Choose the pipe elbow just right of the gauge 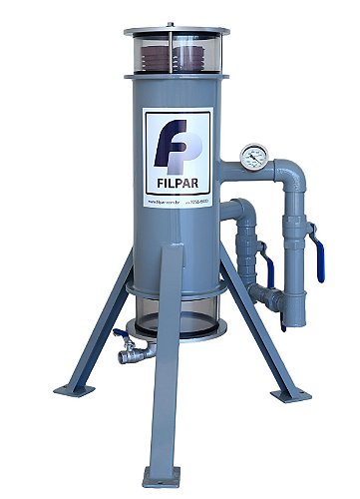[x=291, y=161]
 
